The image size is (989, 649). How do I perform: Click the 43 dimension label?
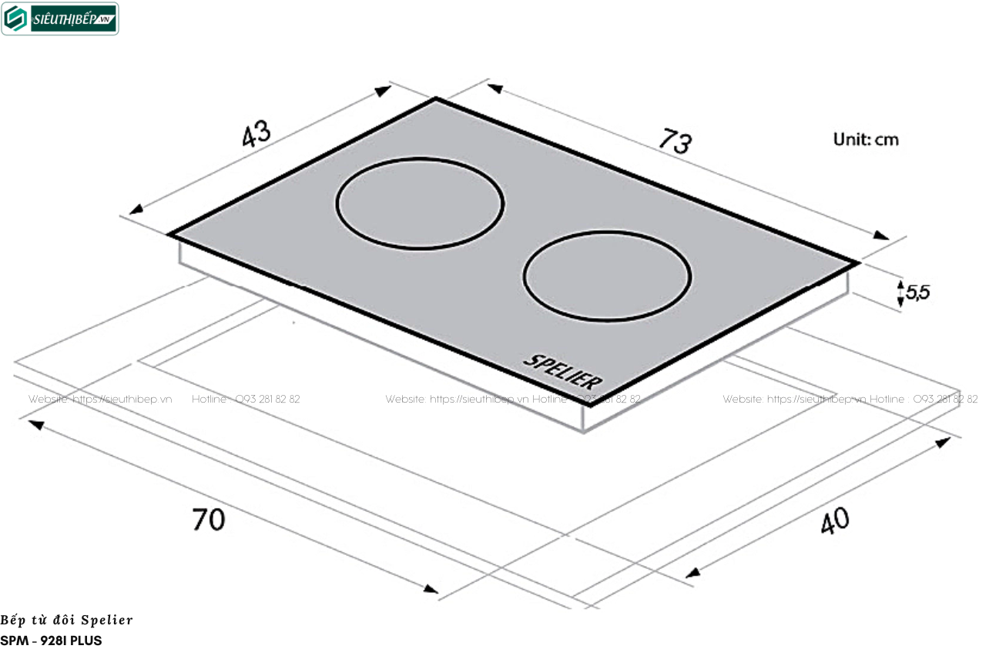[256, 133]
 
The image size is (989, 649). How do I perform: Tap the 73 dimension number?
[675, 141]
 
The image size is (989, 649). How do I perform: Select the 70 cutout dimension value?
[209, 520]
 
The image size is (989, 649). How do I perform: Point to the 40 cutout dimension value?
[834, 520]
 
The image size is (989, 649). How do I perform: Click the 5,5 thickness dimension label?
[917, 292]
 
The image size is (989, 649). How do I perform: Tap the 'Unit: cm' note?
[866, 139]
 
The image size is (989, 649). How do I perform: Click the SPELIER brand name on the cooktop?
[563, 373]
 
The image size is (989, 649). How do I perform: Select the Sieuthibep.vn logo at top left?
[60, 18]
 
